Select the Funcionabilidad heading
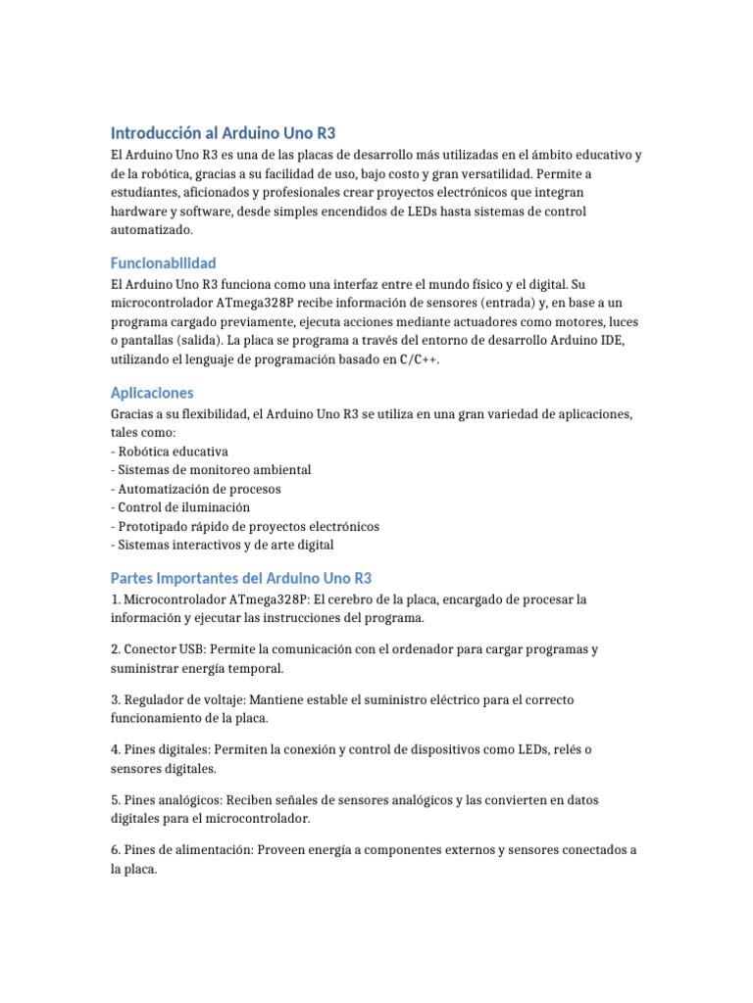coord(163,263)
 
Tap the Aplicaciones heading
coord(152,392)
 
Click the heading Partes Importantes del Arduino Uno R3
coord(241,578)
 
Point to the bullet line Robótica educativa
coord(172,452)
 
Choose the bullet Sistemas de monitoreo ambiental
coord(213,470)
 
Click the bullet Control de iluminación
coord(182,507)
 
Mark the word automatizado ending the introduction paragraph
coord(151,229)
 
